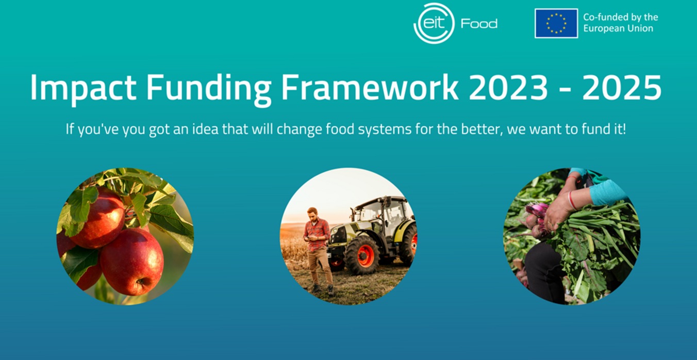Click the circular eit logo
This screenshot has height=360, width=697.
[x=434, y=23]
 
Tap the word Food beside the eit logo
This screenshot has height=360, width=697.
[x=479, y=24]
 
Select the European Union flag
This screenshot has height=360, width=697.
[x=556, y=23]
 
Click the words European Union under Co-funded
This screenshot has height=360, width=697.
[x=618, y=29]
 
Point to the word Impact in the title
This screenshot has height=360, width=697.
[x=83, y=88]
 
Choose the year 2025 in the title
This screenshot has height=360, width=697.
[x=622, y=88]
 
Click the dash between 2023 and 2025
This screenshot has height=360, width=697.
[x=565, y=91]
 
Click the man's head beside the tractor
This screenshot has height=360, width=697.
[x=313, y=214]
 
